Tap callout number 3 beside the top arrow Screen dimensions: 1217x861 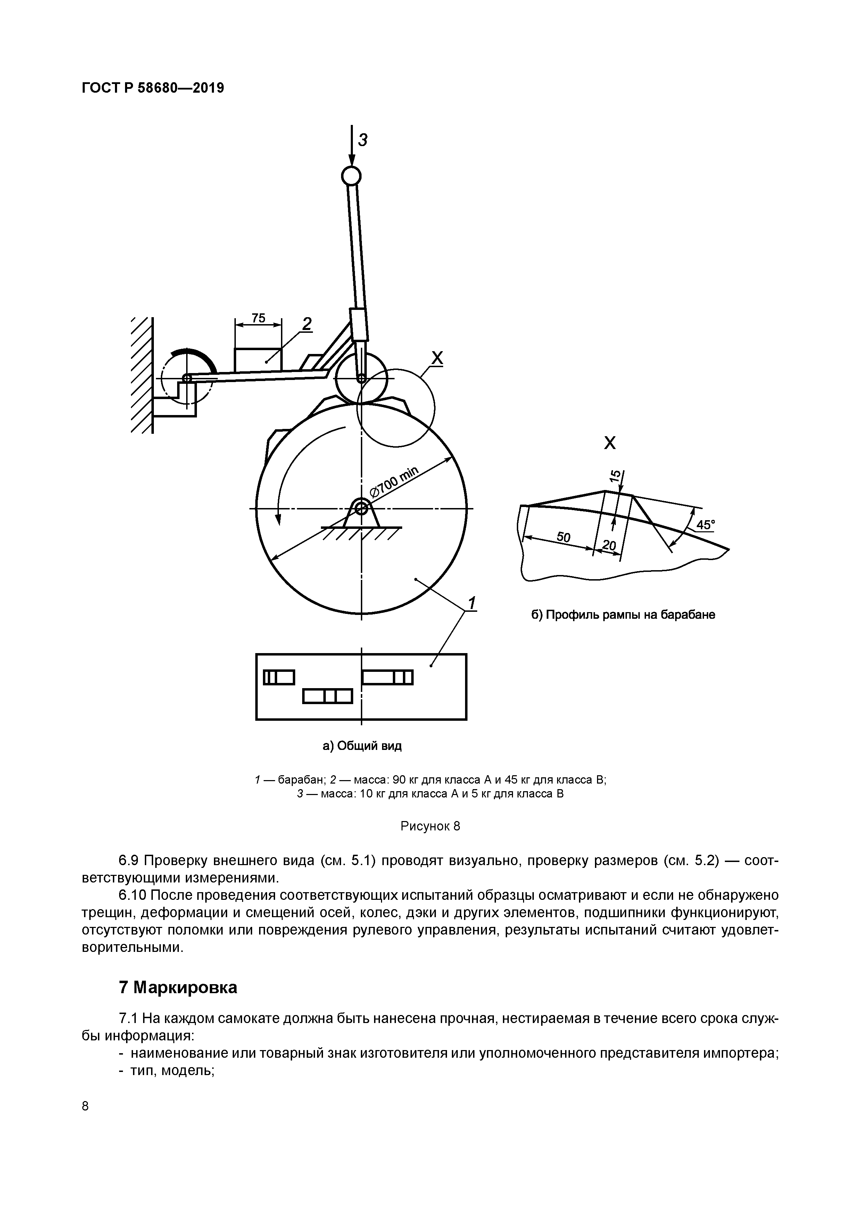[x=363, y=140]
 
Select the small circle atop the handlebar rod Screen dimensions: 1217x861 [x=351, y=176]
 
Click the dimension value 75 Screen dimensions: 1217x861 [x=258, y=318]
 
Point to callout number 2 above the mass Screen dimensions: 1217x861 [x=307, y=323]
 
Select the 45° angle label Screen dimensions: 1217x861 [x=705, y=525]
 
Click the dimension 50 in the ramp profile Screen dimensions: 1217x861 [x=563, y=538]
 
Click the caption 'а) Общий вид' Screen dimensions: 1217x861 [x=362, y=746]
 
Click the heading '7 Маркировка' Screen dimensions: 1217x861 [x=178, y=988]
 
